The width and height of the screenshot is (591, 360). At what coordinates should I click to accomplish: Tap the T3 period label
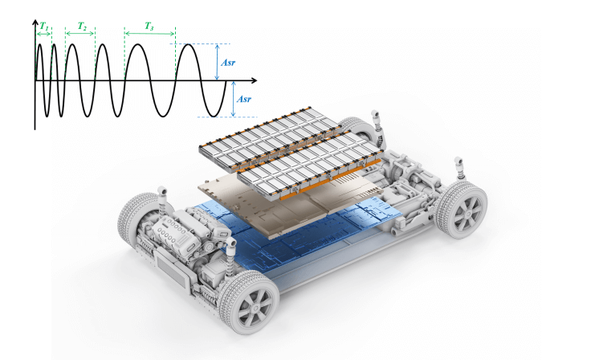149,26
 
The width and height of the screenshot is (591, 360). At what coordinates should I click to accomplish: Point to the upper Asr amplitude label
231,61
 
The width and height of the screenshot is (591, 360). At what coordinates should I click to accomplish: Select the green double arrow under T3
149,34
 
